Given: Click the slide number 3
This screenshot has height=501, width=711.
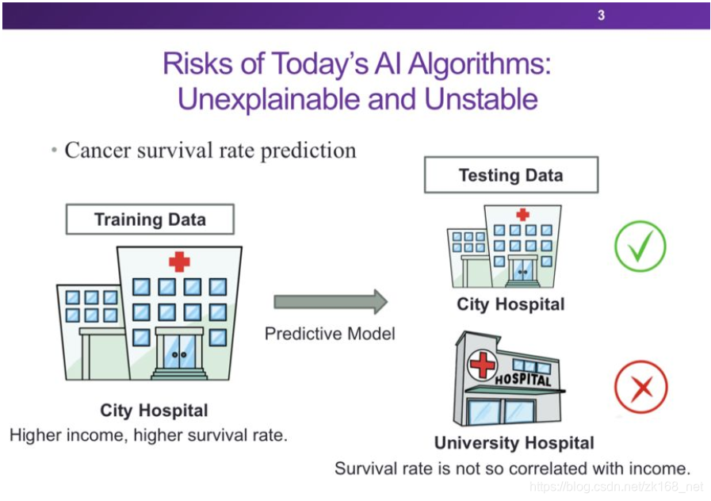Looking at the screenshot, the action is point(601,15).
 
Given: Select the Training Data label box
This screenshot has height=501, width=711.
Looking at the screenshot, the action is point(150,220).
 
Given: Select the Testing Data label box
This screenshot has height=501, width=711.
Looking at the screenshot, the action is point(510,175).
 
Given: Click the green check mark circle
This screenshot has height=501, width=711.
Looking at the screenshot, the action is point(640,247).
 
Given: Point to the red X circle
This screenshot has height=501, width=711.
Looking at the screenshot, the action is point(640,388).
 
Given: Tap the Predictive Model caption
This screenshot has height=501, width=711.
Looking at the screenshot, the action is point(330,334).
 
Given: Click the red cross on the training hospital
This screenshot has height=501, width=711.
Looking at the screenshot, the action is point(179,261).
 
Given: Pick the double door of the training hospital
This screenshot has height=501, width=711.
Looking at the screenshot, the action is point(178,352).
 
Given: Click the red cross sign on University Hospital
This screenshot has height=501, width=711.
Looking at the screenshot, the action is point(482,365).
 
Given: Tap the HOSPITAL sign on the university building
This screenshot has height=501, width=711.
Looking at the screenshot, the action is point(523,380).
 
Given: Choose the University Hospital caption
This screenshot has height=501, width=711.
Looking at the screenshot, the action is point(514,443).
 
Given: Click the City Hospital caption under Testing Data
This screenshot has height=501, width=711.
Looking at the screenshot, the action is point(510,304).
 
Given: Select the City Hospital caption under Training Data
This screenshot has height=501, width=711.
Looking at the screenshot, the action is point(154,411).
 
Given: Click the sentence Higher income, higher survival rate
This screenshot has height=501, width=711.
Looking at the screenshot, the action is point(148,434).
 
